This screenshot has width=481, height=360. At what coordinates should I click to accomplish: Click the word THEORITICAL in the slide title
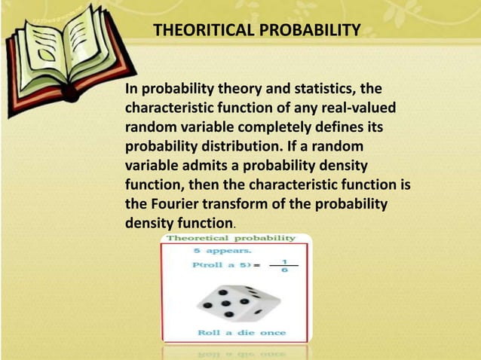click(198, 31)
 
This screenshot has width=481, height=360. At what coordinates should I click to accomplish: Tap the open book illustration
click(61, 49)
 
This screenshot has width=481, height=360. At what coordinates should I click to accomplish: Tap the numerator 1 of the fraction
click(284, 260)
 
